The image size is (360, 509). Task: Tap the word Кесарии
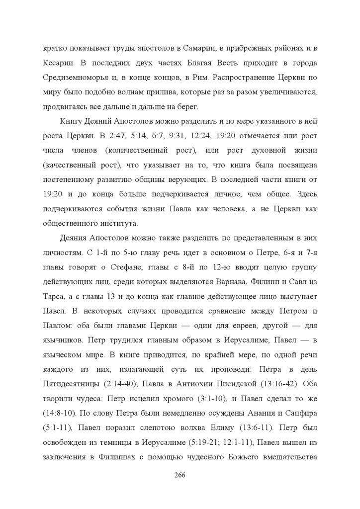point(58,64)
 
